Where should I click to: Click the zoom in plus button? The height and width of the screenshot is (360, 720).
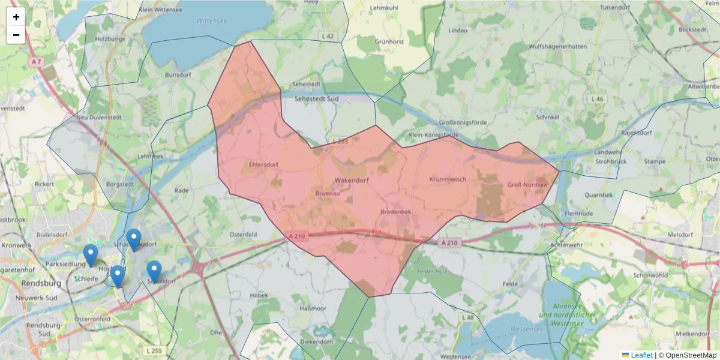(16, 17)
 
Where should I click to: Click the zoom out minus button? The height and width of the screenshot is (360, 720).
(16, 35)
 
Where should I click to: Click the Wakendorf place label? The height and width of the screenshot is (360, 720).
(350, 179)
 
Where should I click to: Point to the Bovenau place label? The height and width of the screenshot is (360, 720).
(328, 194)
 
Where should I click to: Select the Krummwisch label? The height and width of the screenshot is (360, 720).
(448, 179)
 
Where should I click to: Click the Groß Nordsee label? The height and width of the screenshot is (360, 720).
(527, 185)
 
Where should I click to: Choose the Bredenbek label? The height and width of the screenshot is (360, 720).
(396, 212)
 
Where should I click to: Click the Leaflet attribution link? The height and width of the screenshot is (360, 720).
(641, 355)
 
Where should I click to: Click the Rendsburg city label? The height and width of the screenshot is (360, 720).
(38, 283)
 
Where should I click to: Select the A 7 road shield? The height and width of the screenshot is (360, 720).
(37, 62)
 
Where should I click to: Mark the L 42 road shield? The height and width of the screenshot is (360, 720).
(328, 37)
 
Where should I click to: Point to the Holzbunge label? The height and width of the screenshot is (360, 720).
(110, 39)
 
